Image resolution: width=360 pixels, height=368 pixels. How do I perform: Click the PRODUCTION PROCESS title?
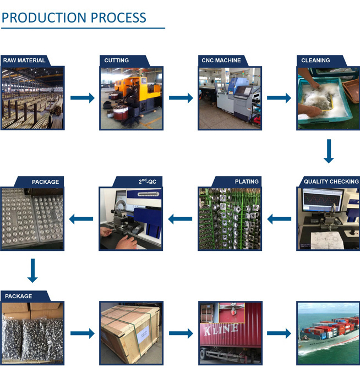pos(74,18)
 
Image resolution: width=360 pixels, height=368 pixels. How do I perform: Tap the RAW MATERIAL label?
pos(24,61)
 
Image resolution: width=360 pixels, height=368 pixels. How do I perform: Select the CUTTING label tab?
pos(117,61)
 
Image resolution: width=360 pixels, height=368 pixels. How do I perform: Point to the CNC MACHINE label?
pos(221,61)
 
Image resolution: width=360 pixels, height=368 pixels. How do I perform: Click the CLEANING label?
pos(315,61)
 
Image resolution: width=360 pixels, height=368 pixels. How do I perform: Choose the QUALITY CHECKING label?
pos(331,182)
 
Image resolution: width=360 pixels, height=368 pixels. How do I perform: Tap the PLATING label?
pos(247,182)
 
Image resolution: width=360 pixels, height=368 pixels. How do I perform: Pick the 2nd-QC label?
pos(147,181)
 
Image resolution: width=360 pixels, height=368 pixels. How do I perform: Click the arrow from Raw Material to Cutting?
pos(83,98)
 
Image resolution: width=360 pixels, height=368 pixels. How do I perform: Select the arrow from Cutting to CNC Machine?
pos(181,98)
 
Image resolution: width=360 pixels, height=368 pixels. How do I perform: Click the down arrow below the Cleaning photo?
pos(329,151)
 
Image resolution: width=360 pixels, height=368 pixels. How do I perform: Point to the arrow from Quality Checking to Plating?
pos(279,219)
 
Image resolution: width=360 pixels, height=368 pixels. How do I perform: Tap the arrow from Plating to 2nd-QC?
pos(180,219)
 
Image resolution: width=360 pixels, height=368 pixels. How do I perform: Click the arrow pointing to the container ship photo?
pos(279,333)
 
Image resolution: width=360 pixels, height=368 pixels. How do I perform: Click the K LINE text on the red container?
pos(221,329)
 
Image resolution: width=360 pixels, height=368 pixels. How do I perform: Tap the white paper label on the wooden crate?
pos(144,334)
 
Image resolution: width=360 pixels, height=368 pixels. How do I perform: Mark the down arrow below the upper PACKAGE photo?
pos(32,271)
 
